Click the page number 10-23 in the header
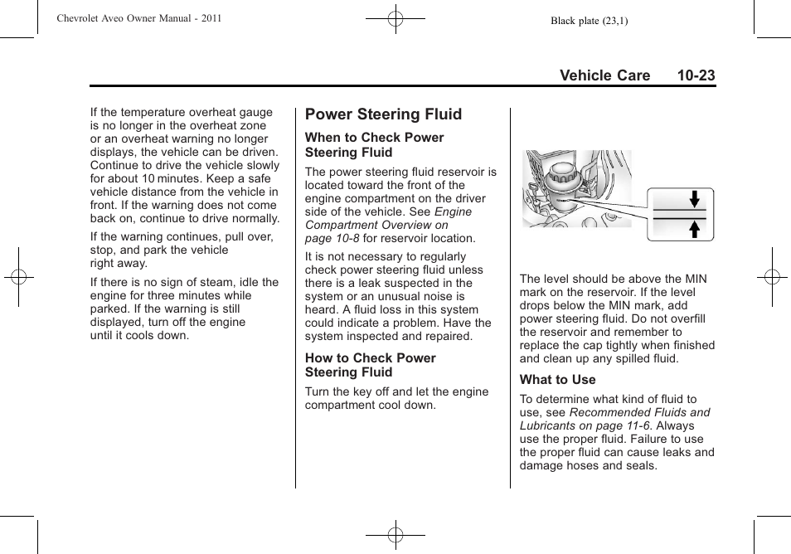coord(695,75)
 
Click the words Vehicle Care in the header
coord(604,75)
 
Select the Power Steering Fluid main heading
coord(383,114)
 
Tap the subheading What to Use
coord(557,380)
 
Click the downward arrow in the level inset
coord(696,199)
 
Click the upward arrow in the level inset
coord(696,228)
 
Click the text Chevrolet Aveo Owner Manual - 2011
coord(139,18)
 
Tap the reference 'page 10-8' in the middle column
coord(332,238)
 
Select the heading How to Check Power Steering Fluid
coord(370,365)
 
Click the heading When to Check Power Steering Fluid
coord(374,145)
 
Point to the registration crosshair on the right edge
coord(771,277)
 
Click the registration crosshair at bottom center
coord(395,536)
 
